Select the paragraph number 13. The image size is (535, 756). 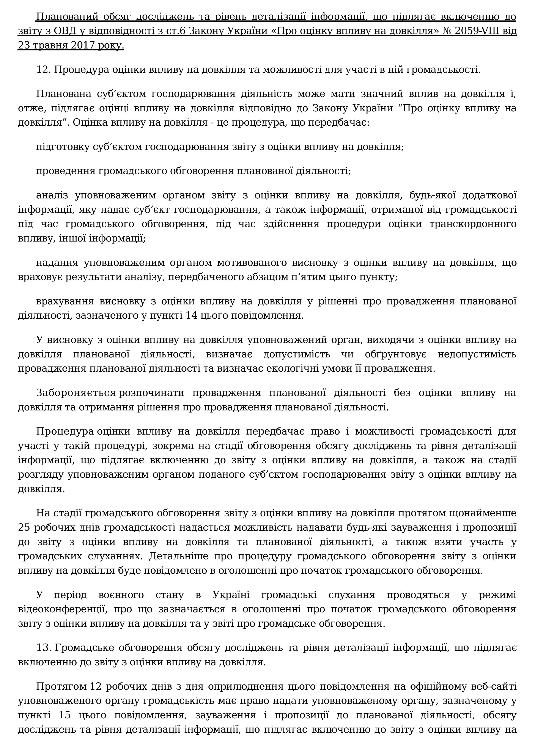pyautogui.click(x=43, y=648)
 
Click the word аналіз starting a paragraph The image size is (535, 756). pyautogui.click(x=52, y=195)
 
